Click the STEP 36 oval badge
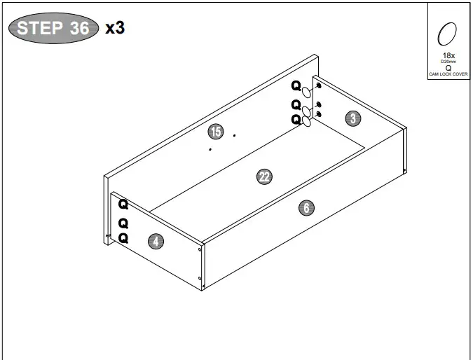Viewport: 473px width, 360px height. [x=52, y=28]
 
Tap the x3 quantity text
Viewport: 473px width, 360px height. [x=114, y=28]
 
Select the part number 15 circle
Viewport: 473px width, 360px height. [x=215, y=131]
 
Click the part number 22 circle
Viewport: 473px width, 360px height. [x=264, y=177]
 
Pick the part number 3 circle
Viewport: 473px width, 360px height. [x=353, y=118]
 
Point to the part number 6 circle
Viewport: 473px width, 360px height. [x=306, y=207]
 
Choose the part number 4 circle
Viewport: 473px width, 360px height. [x=156, y=242]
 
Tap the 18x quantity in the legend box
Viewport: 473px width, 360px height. [x=448, y=55]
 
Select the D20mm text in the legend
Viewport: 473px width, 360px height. [x=448, y=62]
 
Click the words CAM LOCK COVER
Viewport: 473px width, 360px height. [x=448, y=74]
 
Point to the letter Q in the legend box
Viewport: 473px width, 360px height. [x=448, y=68]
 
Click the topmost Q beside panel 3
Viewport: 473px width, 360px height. [x=296, y=86]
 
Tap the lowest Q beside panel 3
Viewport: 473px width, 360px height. [x=296, y=119]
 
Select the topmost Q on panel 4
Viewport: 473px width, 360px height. [x=123, y=205]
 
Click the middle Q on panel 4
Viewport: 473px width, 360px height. [x=123, y=223]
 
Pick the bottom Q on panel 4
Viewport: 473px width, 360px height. [x=123, y=238]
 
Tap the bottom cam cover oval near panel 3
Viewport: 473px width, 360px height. [x=306, y=122]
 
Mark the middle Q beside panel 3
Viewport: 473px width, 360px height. [x=296, y=104]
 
